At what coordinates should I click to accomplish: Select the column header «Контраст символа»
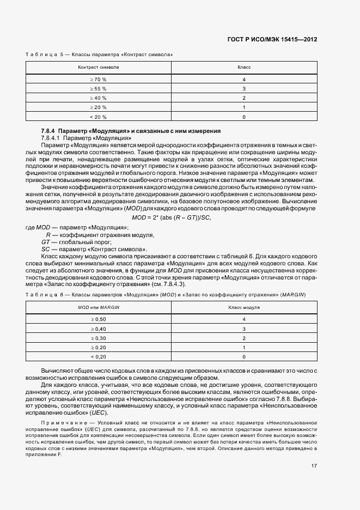coord(99,67)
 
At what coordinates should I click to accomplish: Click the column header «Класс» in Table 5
coord(244,67)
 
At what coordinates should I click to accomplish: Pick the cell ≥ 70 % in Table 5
coord(99,79)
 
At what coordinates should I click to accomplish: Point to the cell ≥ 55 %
coord(99,88)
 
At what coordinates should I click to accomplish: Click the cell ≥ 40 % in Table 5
coord(99,98)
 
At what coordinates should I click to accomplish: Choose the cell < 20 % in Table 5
coord(99,117)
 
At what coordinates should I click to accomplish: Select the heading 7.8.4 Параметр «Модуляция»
coord(131,131)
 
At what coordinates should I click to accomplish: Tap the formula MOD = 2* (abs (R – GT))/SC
coord(172,218)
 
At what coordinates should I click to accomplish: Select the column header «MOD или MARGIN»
coord(99,307)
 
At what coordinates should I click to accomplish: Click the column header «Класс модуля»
coord(244,307)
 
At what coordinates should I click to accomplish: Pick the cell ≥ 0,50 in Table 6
coord(99,318)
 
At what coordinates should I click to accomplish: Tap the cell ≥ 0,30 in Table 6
coord(99,338)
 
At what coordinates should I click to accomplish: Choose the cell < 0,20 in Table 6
coord(99,357)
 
